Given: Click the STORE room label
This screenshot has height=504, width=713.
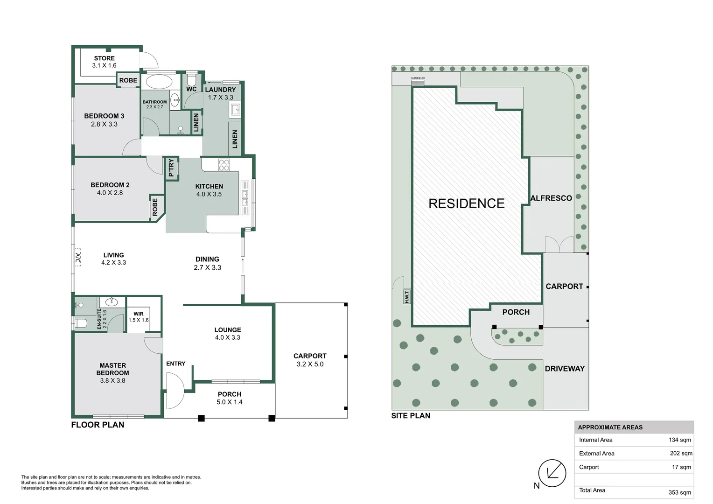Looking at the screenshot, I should pos(104,58).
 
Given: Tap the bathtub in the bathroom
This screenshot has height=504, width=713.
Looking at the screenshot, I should pos(159,82).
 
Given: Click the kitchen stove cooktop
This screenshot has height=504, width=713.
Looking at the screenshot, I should pos(224,165).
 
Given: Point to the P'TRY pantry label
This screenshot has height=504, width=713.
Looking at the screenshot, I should pos(171,168).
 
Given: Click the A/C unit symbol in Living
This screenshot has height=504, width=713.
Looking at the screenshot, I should pos(78,258).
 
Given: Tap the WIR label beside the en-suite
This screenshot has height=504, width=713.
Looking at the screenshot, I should pos(139,314).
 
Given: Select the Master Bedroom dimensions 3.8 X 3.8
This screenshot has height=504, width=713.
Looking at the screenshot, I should pos(112,380).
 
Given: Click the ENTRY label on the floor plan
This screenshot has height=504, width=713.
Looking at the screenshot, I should pos(176,364).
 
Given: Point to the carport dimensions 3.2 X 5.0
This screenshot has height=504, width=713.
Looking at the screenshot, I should pos(310,364).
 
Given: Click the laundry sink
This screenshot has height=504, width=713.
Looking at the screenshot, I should pos(235,110).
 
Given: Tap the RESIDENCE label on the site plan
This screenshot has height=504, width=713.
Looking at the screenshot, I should pos(466,203).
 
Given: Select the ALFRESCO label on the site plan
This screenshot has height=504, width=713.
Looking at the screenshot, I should pos(551,198).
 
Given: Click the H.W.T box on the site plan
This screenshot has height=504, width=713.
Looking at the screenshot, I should pos(407,297).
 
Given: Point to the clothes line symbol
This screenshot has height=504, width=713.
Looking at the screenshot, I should pos(418,82).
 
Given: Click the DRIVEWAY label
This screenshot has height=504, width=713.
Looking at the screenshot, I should pos(565,369).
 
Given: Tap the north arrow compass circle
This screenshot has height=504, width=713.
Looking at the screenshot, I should pos(552,474).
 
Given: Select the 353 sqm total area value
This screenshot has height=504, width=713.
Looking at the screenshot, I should pos(679,492).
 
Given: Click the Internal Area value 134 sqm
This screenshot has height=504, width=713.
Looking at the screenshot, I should pos(679,440).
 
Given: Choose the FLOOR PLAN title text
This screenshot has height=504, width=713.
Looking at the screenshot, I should pos(98,425).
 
